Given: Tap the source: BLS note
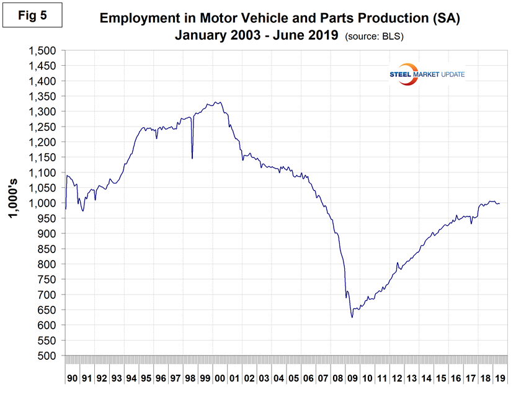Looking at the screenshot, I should tap(374, 37).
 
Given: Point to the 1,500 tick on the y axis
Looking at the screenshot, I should tap(43, 51).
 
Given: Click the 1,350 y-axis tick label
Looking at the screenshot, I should tap(43, 97).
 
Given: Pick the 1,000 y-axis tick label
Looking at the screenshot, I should tap(43, 203).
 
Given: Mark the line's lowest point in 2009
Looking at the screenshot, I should tap(352, 318).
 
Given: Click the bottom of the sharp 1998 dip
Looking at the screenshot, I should tap(192, 158).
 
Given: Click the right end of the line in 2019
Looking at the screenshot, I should tap(500, 203).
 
